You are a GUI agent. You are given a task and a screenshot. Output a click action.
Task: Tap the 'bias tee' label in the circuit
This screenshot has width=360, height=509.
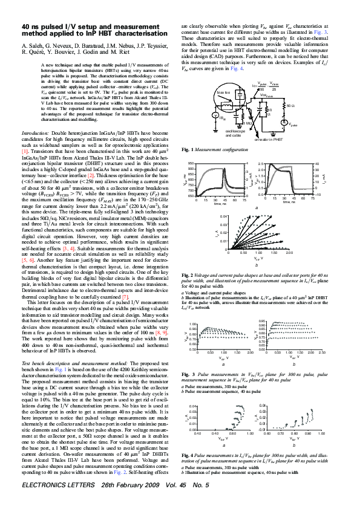(223, 92)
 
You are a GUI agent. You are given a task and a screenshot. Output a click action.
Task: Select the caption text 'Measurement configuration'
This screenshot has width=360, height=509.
(217, 149)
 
